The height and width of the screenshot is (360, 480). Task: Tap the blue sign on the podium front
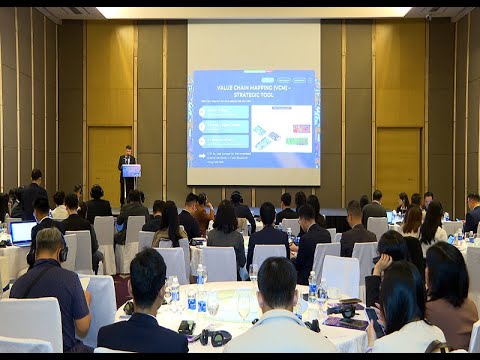(131, 171)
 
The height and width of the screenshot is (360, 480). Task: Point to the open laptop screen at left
(23, 232)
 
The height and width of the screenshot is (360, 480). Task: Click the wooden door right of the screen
(397, 160)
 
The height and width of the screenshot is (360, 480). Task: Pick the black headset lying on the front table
(215, 338)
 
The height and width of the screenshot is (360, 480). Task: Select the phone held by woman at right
(372, 314)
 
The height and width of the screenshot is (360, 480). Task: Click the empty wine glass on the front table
(243, 306)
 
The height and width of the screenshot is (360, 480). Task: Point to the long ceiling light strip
(253, 12)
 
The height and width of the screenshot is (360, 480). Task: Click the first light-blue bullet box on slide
(223, 113)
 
